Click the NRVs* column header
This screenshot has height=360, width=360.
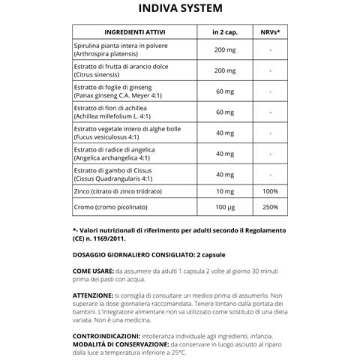(x=269, y=34)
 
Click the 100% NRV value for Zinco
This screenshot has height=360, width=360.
(x=269, y=191)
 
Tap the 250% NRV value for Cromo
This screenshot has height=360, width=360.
(x=269, y=206)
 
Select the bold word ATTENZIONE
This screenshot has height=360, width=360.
(x=97, y=295)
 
